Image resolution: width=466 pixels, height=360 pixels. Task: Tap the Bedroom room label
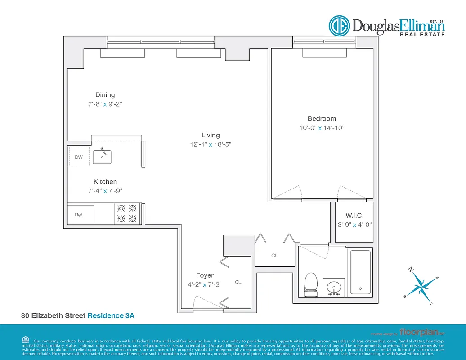pyautogui.click(x=322, y=118)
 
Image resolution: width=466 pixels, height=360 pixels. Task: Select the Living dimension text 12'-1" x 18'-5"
pyautogui.click(x=211, y=144)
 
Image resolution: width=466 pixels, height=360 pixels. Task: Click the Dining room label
pyautogui.click(x=105, y=95)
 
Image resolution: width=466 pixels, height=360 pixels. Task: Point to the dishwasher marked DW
pyautogui.click(x=79, y=157)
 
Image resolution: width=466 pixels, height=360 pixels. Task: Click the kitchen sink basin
pyautogui.click(x=102, y=156)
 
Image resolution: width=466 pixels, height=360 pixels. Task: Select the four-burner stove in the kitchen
pyautogui.click(x=126, y=213)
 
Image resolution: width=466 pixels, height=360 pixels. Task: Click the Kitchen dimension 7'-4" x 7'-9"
pyautogui.click(x=105, y=191)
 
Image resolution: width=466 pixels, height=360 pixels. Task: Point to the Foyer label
pyautogui.click(x=205, y=275)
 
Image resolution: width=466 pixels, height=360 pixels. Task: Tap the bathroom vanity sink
pyautogui.click(x=334, y=287)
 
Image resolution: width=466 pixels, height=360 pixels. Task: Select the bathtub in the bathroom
pyautogui.click(x=360, y=272)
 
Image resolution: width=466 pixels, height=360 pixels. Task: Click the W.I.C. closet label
pyautogui.click(x=354, y=216)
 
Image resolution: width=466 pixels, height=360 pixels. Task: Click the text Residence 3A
pyautogui.click(x=111, y=316)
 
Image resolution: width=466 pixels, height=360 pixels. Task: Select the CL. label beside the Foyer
pyautogui.click(x=238, y=282)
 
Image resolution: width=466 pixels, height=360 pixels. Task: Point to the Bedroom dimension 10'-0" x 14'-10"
pyautogui.click(x=322, y=128)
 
